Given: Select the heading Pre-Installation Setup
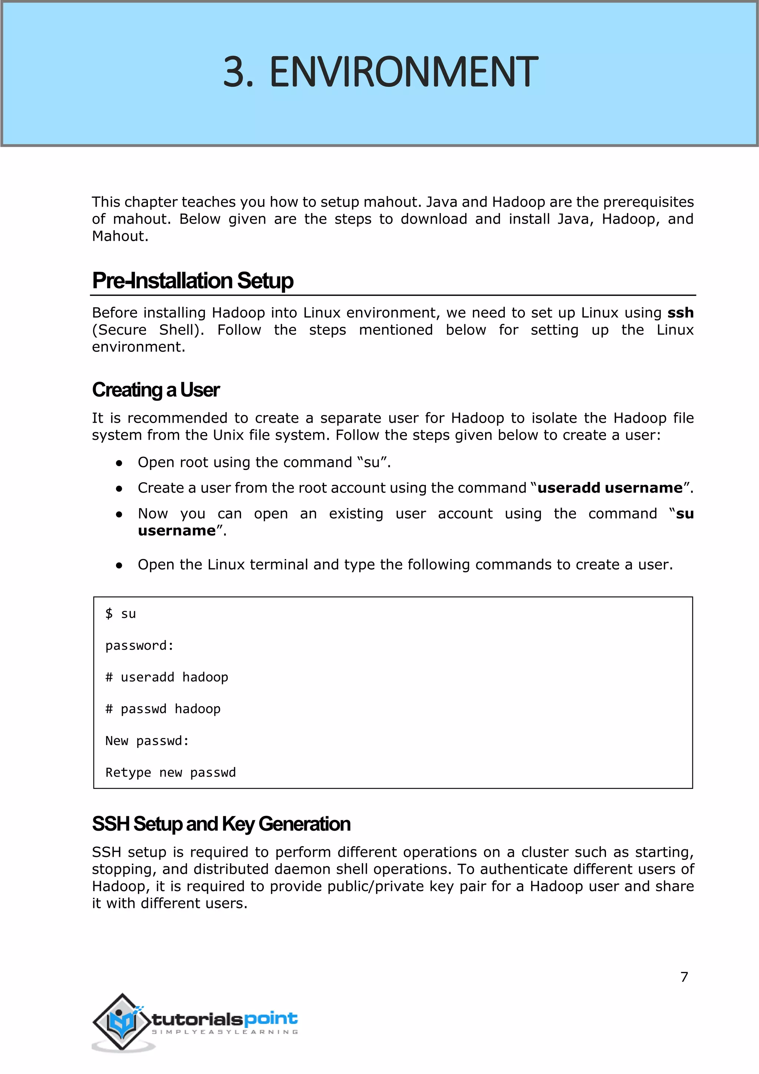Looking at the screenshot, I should coord(193,281).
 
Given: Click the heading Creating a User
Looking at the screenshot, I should coord(156,390).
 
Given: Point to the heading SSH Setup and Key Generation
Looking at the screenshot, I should coord(221,824).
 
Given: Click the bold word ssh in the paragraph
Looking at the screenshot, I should coord(680,313).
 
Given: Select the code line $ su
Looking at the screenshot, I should coord(120,614).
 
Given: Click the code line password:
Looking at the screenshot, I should coord(139,646).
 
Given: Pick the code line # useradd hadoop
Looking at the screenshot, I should coord(167,677).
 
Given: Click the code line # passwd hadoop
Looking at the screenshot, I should coord(163,709).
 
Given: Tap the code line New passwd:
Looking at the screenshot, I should coord(147,741).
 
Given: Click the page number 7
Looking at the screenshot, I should coord(684,977).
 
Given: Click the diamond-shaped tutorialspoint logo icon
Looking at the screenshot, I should coord(122,1022).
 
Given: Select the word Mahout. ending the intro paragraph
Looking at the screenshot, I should coord(120,236).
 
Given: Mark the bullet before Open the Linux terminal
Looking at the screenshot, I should coord(119,565).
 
